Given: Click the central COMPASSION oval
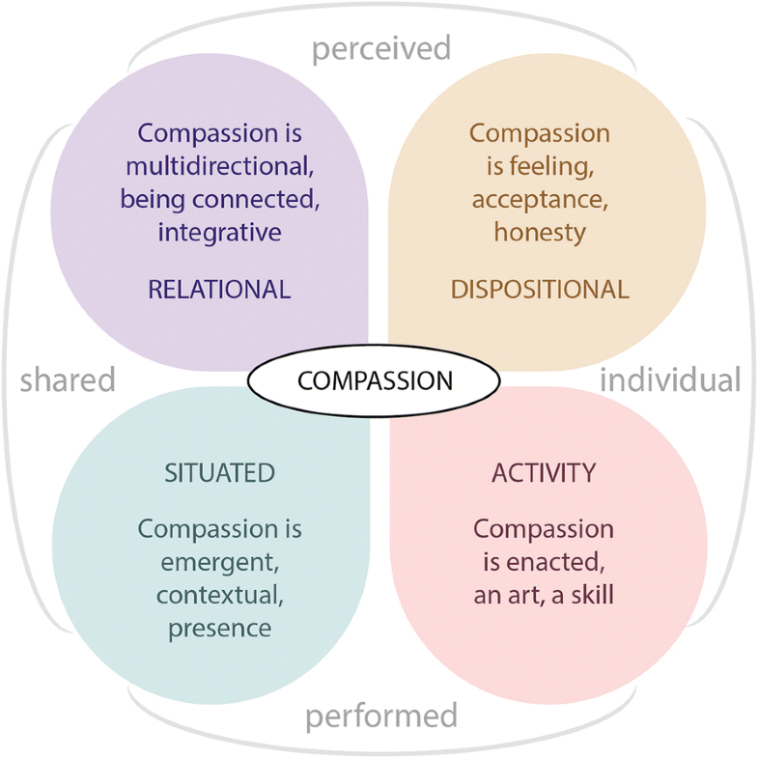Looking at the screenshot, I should [x=375, y=380].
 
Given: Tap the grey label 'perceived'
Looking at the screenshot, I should [x=380, y=48].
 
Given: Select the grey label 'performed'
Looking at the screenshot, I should [x=380, y=716].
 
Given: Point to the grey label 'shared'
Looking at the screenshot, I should [x=68, y=379].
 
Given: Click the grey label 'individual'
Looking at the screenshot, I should [x=670, y=379].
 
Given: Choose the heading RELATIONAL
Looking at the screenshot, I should [x=219, y=289].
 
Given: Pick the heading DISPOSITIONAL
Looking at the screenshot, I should [x=540, y=289].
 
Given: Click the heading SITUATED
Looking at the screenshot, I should [x=220, y=472].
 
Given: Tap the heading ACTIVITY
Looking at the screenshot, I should [x=544, y=472].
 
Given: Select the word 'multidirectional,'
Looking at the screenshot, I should [x=219, y=165].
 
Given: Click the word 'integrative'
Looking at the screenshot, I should [x=219, y=232].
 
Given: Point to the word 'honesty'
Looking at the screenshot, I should [x=540, y=232].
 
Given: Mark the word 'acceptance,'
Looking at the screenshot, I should [x=540, y=199].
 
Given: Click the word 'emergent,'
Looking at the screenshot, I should [x=220, y=562].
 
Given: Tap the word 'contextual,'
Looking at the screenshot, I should [x=220, y=595].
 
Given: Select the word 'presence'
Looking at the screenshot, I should [x=220, y=628].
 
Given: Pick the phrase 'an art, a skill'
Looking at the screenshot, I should [x=544, y=595].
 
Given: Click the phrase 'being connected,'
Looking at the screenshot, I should [x=219, y=199].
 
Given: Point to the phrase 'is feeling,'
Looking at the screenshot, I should [x=540, y=166].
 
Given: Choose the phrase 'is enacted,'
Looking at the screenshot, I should [x=544, y=562].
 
